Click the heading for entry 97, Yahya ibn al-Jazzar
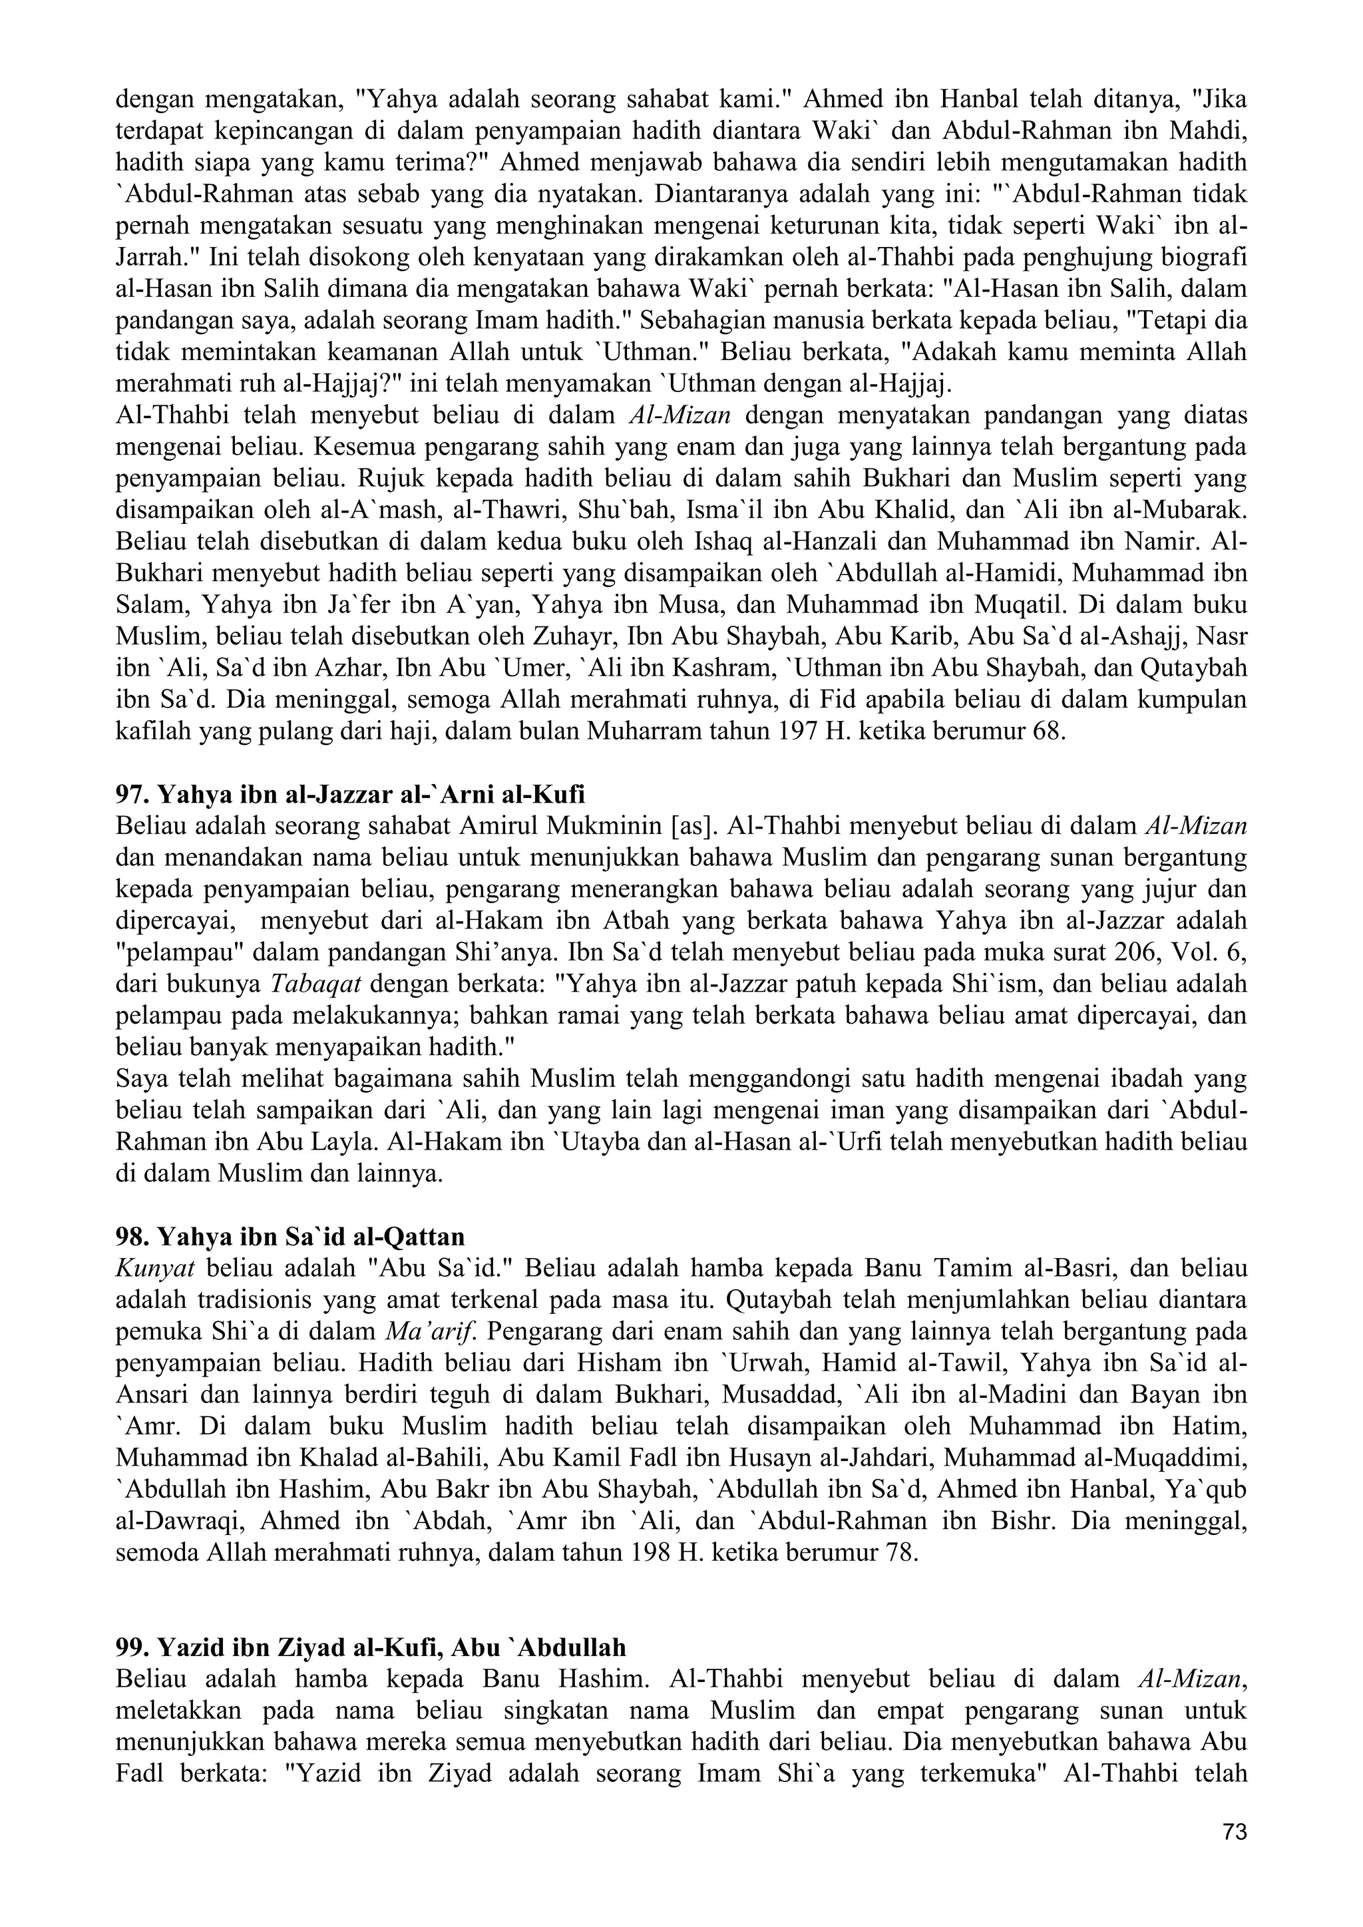(x=350, y=794)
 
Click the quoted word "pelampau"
(x=173, y=953)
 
